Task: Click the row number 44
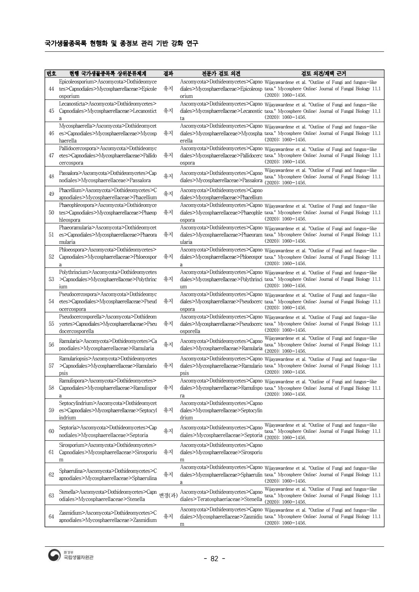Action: (x=51, y=89)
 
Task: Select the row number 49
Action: (x=51, y=194)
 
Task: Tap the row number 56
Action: (x=51, y=345)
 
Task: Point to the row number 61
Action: (x=51, y=452)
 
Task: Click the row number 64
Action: (x=51, y=517)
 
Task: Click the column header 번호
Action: (x=51, y=74)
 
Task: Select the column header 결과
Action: (x=168, y=74)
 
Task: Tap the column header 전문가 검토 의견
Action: (x=221, y=74)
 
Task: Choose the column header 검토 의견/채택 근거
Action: (x=323, y=74)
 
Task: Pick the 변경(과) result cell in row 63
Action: (x=168, y=496)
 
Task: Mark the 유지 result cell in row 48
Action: (x=168, y=176)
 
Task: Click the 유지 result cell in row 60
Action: (x=168, y=431)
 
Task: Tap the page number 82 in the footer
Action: (x=214, y=559)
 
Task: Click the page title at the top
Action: (x=122, y=43)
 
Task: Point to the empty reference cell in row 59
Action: (x=323, y=410)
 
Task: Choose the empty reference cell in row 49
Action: (x=323, y=194)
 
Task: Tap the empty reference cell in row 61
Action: (x=323, y=452)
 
